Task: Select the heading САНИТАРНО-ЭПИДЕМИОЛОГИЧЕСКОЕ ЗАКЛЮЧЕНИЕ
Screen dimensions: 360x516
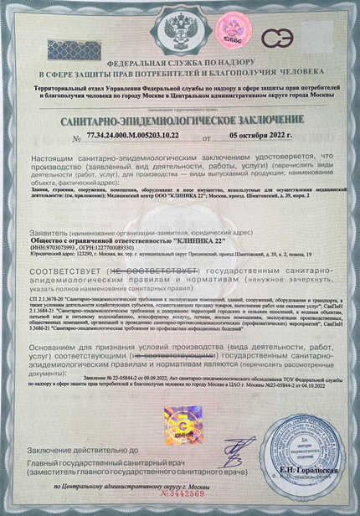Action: coord(180,121)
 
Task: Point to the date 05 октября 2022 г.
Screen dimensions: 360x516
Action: coord(262,134)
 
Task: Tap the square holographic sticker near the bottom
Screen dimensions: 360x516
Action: coord(180,395)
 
